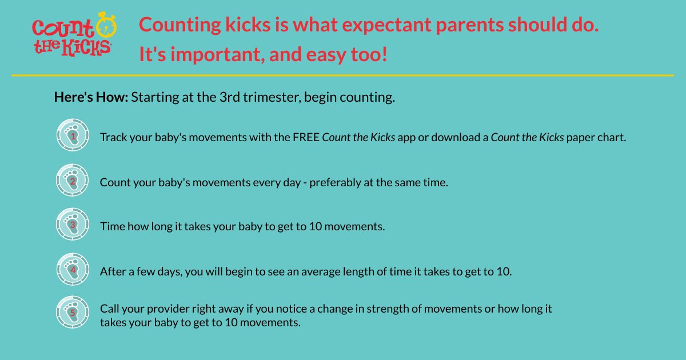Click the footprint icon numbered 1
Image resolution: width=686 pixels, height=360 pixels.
pyautogui.click(x=73, y=135)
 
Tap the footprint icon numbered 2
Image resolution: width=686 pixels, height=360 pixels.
pyautogui.click(x=73, y=180)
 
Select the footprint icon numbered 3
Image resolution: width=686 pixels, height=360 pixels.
pyautogui.click(x=73, y=224)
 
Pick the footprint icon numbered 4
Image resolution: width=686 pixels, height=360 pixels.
pyautogui.click(x=73, y=269)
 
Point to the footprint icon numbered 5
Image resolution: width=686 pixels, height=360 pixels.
pyautogui.click(x=73, y=312)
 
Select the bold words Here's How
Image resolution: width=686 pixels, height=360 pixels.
pyautogui.click(x=91, y=97)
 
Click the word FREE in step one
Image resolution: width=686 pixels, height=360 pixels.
pyautogui.click(x=306, y=138)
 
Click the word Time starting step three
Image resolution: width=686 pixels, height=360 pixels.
pyautogui.click(x=111, y=226)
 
